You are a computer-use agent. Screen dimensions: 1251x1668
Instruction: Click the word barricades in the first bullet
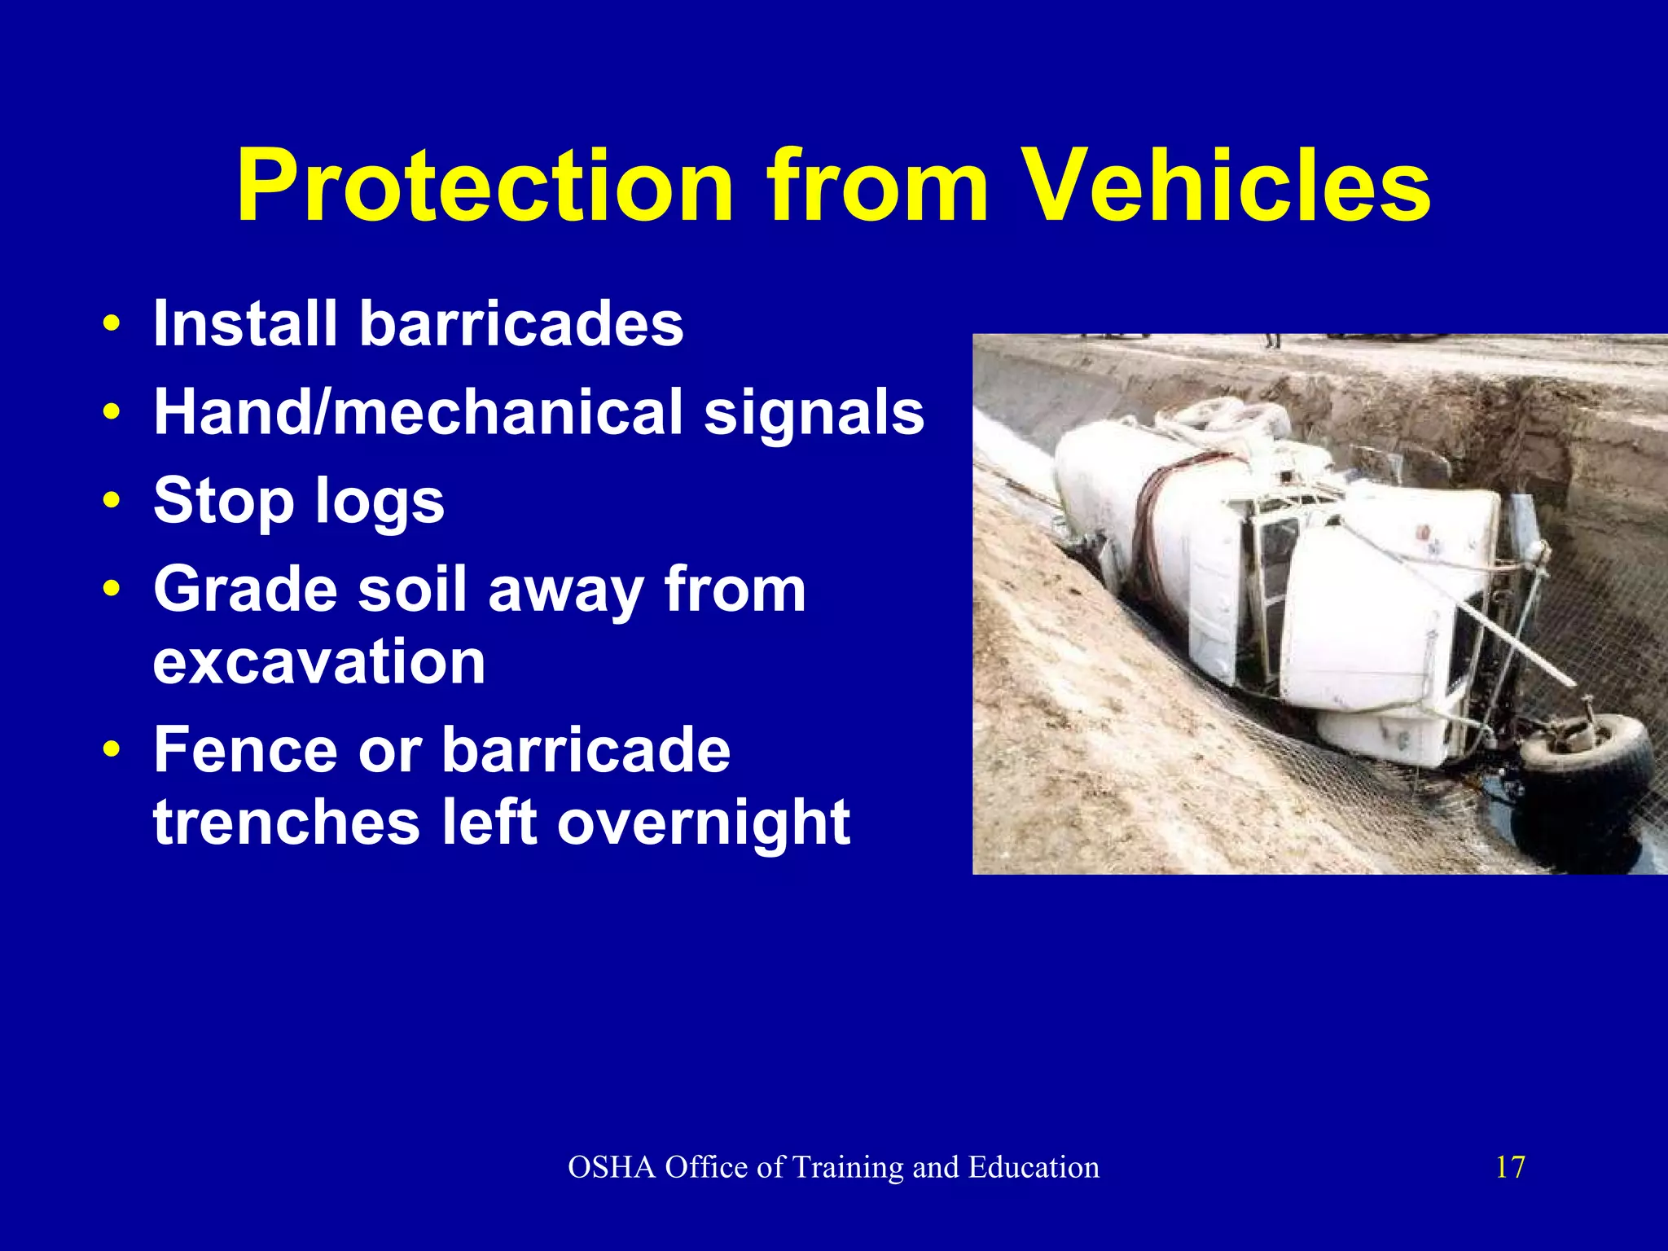pos(521,323)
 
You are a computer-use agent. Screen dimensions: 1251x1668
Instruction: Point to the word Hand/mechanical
pos(418,412)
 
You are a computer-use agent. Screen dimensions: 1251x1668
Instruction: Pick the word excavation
pos(319,661)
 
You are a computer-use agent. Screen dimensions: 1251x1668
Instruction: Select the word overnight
pos(704,823)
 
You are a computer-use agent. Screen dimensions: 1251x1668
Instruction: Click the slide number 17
pos(1509,1167)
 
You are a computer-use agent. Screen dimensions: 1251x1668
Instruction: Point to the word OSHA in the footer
pos(612,1167)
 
